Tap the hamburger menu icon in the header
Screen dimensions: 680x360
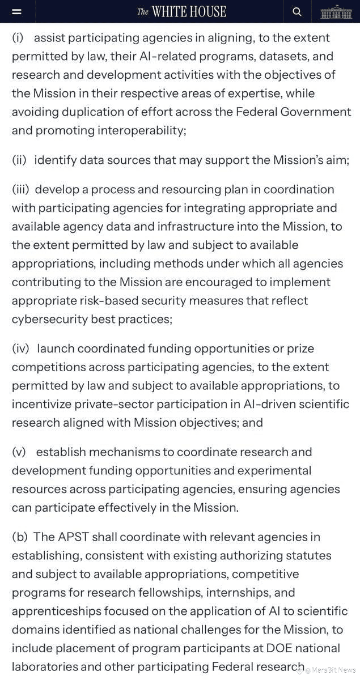tap(17, 12)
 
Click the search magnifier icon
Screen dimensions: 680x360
tap(297, 12)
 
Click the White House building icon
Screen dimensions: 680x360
tap(336, 12)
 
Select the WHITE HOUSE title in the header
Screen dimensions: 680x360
tap(181, 12)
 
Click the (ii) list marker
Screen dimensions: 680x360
tap(19, 160)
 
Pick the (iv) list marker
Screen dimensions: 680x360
tap(20, 348)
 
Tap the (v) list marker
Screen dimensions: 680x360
tap(19, 452)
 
